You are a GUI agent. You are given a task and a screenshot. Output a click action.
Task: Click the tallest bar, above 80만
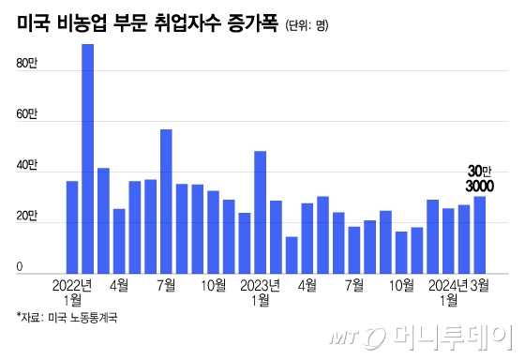click(87, 159)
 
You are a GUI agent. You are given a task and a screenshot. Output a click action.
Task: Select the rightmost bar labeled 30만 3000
click(479, 234)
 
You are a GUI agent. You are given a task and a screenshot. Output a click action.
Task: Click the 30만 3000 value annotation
click(480, 179)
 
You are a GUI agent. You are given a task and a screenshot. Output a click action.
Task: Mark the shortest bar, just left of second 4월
click(292, 254)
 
